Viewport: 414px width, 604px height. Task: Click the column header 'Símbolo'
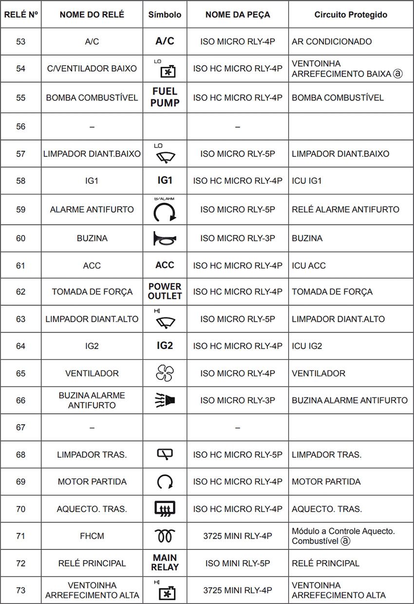[165, 15]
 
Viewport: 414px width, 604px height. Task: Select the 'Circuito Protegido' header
[351, 15]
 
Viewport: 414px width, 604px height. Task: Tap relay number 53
[20, 41]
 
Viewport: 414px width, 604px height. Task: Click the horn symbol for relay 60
[165, 238]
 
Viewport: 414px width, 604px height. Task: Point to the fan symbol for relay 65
[165, 373]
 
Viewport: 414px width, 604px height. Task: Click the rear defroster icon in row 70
[165, 509]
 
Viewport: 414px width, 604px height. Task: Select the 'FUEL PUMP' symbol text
[165, 97]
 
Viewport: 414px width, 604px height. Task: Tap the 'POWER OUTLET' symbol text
[165, 292]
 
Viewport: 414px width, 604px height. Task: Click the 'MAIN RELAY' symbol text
[165, 563]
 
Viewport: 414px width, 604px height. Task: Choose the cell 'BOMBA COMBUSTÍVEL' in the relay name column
[92, 97]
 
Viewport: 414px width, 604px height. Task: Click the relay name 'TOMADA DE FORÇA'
[92, 292]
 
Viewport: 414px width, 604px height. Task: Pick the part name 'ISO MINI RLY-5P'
[238, 563]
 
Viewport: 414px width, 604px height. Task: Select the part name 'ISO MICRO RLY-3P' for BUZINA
[238, 238]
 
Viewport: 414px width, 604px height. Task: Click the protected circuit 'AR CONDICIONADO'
[332, 41]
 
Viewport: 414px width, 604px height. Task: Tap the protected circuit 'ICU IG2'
[307, 346]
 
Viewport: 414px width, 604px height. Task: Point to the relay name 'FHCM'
[92, 536]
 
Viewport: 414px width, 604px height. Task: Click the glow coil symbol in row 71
[165, 536]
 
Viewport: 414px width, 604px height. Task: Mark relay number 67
[20, 428]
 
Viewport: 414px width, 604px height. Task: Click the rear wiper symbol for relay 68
[165, 454]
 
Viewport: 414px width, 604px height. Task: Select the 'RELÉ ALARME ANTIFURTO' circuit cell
[345, 210]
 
